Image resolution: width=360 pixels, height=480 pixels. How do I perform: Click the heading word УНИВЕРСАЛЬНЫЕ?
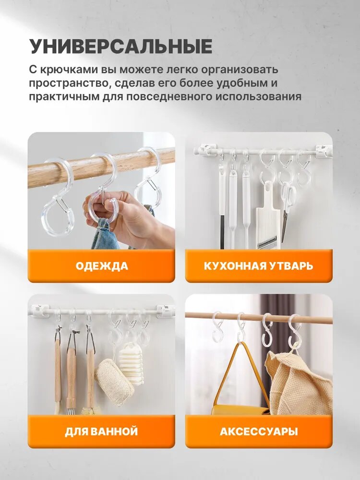[121, 46]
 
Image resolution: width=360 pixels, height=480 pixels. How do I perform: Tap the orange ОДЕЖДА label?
[102, 266]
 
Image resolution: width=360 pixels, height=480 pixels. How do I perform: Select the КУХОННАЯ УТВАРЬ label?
[258, 266]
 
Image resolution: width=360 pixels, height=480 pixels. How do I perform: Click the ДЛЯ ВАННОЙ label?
[101, 432]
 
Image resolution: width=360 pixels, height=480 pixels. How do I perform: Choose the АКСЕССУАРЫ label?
[259, 432]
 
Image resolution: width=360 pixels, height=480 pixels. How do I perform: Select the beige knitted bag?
[299, 383]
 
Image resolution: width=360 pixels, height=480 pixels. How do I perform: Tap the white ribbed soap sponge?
[131, 363]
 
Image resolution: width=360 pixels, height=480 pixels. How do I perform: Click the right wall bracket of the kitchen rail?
[324, 151]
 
